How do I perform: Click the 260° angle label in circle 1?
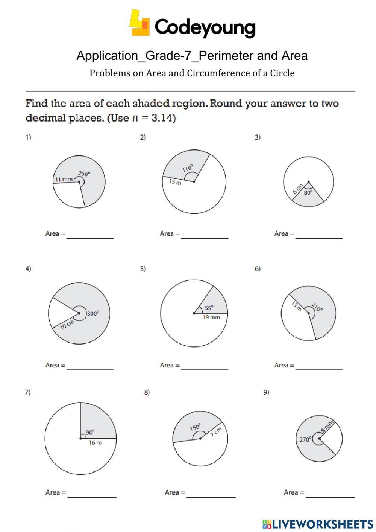pyautogui.click(x=84, y=174)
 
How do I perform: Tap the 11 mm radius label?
pyautogui.click(x=64, y=179)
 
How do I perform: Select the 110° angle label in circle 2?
pyautogui.click(x=188, y=168)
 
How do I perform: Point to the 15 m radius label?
pyautogui.click(x=175, y=182)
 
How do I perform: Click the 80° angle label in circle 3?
pyautogui.click(x=308, y=192)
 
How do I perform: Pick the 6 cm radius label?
pyautogui.click(x=297, y=189)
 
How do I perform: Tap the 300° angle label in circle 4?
pyautogui.click(x=93, y=313)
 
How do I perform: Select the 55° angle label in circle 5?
pyautogui.click(x=209, y=308)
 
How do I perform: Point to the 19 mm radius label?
pyautogui.click(x=211, y=317)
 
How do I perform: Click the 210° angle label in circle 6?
pyautogui.click(x=317, y=307)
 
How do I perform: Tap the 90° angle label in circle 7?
pyautogui.click(x=90, y=432)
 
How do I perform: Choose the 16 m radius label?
pyautogui.click(x=95, y=443)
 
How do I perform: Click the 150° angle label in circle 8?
pyautogui.click(x=195, y=427)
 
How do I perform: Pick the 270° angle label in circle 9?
pyautogui.click(x=305, y=439)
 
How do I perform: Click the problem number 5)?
pyautogui.click(x=143, y=269)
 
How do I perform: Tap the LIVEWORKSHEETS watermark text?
pyautogui.click(x=322, y=524)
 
